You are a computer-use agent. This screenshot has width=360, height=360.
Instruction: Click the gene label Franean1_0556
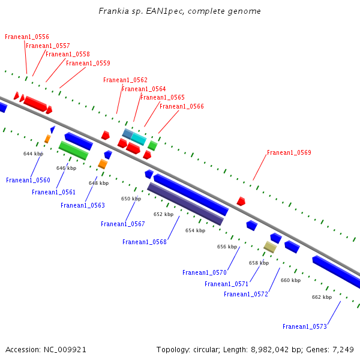27,37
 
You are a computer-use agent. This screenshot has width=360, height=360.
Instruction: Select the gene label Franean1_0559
88,63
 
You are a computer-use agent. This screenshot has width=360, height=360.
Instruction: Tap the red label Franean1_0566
181,107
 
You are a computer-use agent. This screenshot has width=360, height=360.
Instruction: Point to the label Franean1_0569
289,152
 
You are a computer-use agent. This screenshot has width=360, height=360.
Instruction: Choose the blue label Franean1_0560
28,180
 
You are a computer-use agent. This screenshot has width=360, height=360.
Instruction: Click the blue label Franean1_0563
83,205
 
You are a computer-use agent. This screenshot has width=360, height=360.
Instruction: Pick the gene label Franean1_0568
145,242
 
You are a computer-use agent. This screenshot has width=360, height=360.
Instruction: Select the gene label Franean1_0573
305,326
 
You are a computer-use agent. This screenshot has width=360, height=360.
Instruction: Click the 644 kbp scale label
34,154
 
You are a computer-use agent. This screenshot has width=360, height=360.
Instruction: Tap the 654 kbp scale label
195,230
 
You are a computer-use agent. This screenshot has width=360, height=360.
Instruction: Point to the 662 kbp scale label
322,297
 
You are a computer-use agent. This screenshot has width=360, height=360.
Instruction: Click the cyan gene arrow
139,139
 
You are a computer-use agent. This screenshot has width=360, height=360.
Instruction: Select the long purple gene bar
185,204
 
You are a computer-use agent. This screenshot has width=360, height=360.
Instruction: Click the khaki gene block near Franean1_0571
270,247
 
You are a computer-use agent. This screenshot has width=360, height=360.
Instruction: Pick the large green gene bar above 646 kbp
73,150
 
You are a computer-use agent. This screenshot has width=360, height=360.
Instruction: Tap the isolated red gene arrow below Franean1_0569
241,201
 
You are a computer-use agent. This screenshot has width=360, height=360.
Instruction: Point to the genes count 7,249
342,349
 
